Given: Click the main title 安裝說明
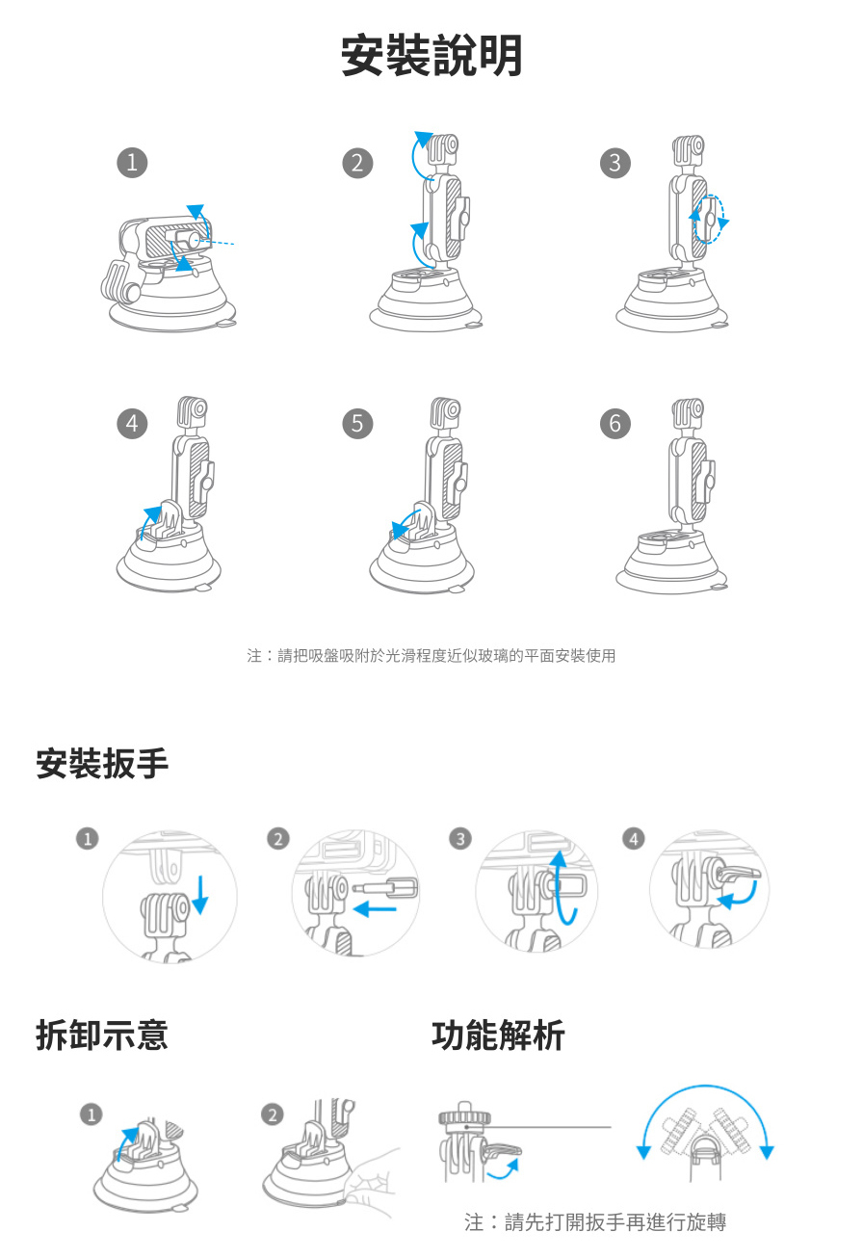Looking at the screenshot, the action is (431, 55).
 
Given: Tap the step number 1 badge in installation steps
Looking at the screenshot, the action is (132, 163).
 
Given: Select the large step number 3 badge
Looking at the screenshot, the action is (615, 163).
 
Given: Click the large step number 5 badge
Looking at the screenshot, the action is (357, 424).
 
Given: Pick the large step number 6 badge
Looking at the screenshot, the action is (615, 424).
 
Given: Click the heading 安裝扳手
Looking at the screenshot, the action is (102, 764).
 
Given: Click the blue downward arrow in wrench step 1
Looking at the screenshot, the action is (200, 894).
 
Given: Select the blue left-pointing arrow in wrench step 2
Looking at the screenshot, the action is (375, 909).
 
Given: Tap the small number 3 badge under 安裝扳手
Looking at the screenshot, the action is (460, 839).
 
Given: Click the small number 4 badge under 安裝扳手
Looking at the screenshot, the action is (634, 839).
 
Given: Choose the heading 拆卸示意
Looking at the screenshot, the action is (102, 1035).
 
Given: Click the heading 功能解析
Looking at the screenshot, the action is (498, 1035).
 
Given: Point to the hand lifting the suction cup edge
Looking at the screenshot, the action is (371, 1179).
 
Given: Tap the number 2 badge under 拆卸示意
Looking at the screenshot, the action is (273, 1114).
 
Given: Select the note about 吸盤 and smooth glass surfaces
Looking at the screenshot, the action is (431, 655).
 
